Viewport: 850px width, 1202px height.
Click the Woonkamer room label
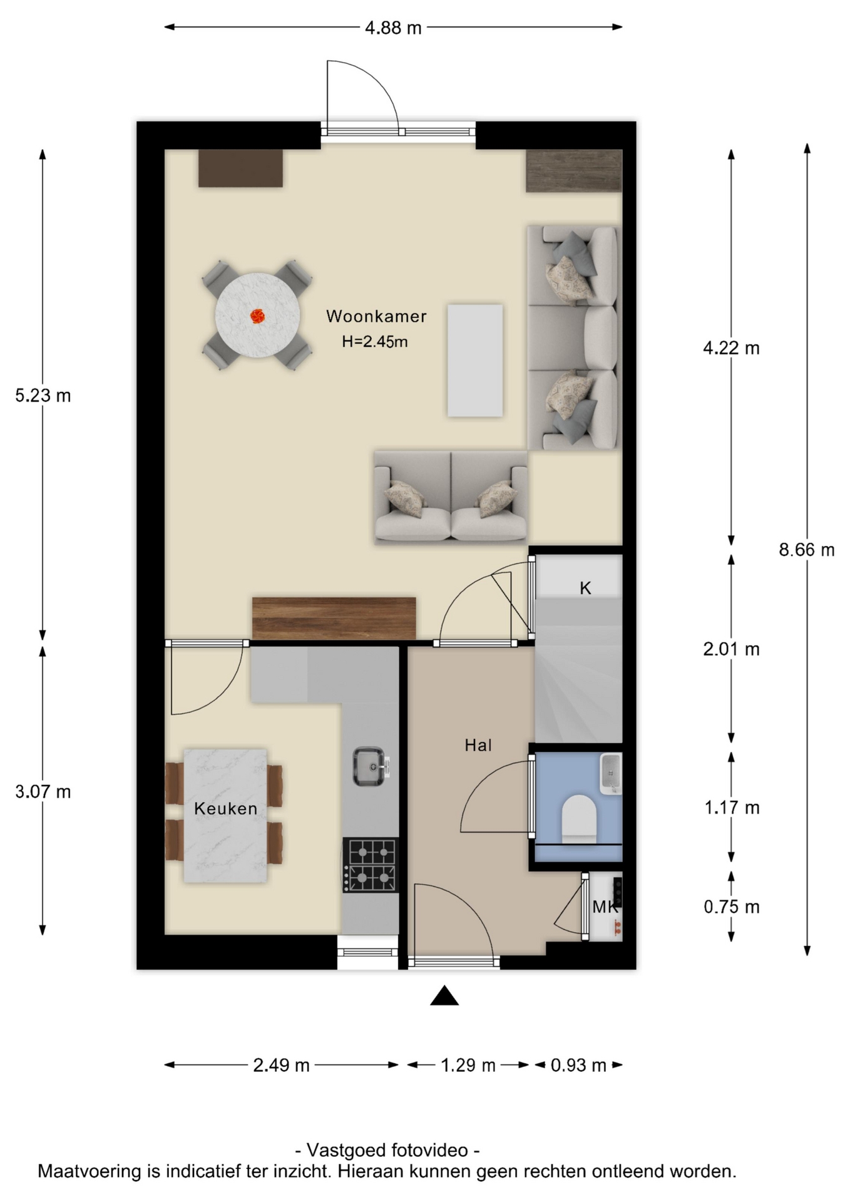coord(376,316)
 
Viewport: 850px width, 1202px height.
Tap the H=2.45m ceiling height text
coord(374,341)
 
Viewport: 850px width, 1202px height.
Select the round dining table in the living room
coord(257,316)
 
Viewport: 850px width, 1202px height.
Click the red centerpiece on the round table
coord(257,316)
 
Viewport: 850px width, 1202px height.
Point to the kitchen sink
coord(370,766)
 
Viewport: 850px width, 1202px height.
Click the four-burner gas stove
coord(371,865)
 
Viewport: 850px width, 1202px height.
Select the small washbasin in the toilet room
coord(610,773)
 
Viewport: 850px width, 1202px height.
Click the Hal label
coord(478,745)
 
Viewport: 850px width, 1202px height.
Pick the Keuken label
coord(225,808)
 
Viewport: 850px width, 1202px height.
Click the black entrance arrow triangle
coord(444,995)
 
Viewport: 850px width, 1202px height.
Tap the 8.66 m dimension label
coord(806,550)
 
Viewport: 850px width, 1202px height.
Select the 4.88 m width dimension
coord(393,28)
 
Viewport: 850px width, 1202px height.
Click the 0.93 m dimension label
coord(578,1065)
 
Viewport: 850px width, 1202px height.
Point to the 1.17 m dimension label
coord(732,808)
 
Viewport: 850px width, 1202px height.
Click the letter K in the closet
coord(585,588)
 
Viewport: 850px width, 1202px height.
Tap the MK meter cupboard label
coord(605,907)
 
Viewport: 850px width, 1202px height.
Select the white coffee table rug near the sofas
coord(475,361)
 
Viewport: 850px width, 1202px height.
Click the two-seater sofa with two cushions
coord(451,496)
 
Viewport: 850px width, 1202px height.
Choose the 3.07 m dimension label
coord(43,791)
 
